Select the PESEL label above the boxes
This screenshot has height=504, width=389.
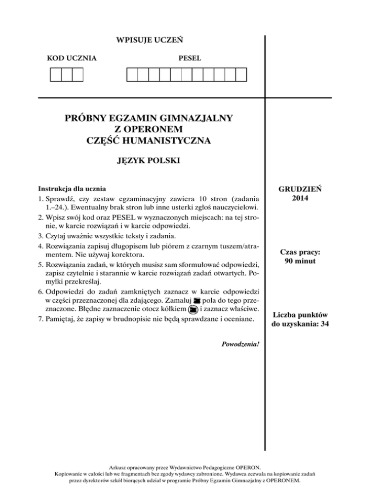[189, 58]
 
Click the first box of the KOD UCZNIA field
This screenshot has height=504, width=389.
[55, 75]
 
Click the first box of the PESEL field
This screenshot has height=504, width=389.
[132, 75]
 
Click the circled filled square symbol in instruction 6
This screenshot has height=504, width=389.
[192, 309]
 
